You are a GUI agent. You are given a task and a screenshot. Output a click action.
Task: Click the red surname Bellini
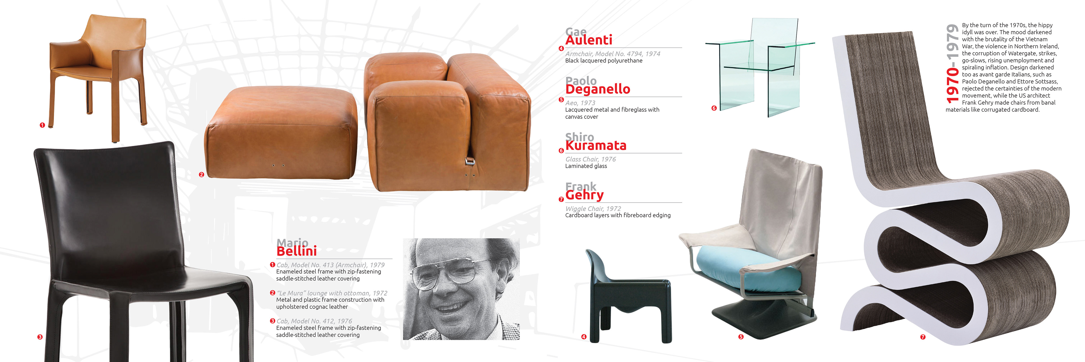(x=296, y=251)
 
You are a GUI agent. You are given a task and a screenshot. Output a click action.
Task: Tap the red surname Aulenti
(x=588, y=40)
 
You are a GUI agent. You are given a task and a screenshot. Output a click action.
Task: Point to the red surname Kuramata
(x=596, y=145)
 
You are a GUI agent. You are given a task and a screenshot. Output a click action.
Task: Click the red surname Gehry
(x=584, y=195)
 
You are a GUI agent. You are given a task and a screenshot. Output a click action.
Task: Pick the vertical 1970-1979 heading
(x=952, y=64)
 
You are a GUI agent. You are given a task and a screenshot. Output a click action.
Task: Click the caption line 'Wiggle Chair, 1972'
(x=593, y=209)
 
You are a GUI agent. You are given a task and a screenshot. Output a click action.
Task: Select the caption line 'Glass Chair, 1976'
(x=591, y=159)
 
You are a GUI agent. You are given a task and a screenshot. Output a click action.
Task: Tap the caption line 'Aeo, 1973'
(x=580, y=103)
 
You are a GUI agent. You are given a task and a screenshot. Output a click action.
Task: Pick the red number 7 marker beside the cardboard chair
(x=923, y=337)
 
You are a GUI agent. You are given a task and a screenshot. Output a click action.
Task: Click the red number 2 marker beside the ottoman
(x=201, y=174)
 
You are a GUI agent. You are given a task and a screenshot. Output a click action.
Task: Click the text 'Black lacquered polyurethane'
(x=604, y=61)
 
